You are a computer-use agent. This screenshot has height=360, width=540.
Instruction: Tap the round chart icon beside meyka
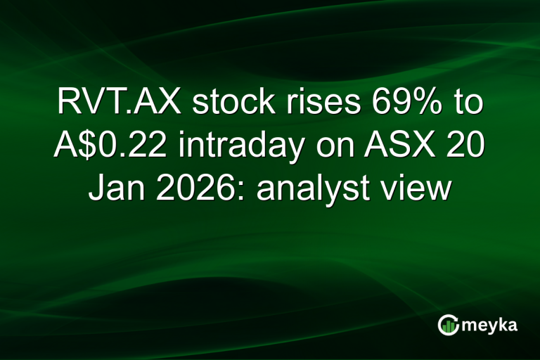tap(449, 324)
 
